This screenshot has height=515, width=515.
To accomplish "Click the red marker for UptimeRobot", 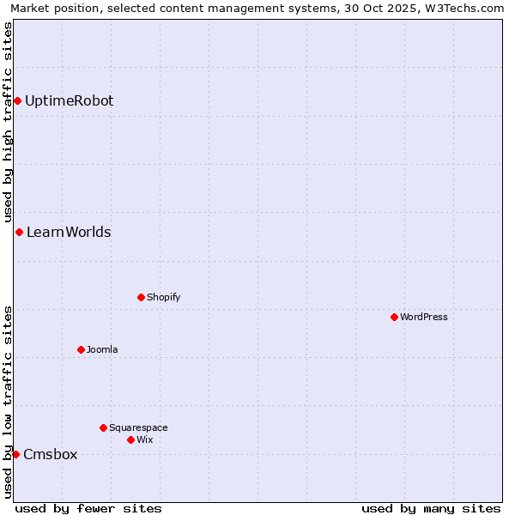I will [x=17, y=101].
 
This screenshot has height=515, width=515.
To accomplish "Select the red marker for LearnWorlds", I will [x=19, y=233].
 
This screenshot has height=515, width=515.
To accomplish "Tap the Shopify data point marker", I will [x=141, y=298].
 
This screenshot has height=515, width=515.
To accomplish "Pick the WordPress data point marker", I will [x=394, y=318].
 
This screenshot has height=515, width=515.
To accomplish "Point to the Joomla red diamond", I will [x=81, y=350].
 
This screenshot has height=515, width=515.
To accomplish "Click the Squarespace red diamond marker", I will [x=103, y=427].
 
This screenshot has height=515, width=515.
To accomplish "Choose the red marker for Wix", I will [x=130, y=440].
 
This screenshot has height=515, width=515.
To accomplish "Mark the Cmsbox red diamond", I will [x=15, y=454].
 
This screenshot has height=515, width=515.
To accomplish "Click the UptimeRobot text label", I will [x=69, y=101].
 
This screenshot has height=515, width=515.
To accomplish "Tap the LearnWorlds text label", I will [x=69, y=233].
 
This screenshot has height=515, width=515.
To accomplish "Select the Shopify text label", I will [x=163, y=298].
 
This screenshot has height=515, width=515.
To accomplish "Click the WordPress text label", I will [x=424, y=318].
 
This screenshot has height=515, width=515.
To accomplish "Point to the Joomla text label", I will [x=102, y=350].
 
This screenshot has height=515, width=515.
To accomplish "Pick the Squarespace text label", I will [x=138, y=427].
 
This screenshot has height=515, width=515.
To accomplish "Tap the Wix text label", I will [x=145, y=440].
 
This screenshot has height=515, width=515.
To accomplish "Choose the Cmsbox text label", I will [x=50, y=455].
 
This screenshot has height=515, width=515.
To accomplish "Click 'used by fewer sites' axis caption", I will [x=88, y=508].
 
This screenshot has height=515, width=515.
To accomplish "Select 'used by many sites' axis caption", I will [x=431, y=508].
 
